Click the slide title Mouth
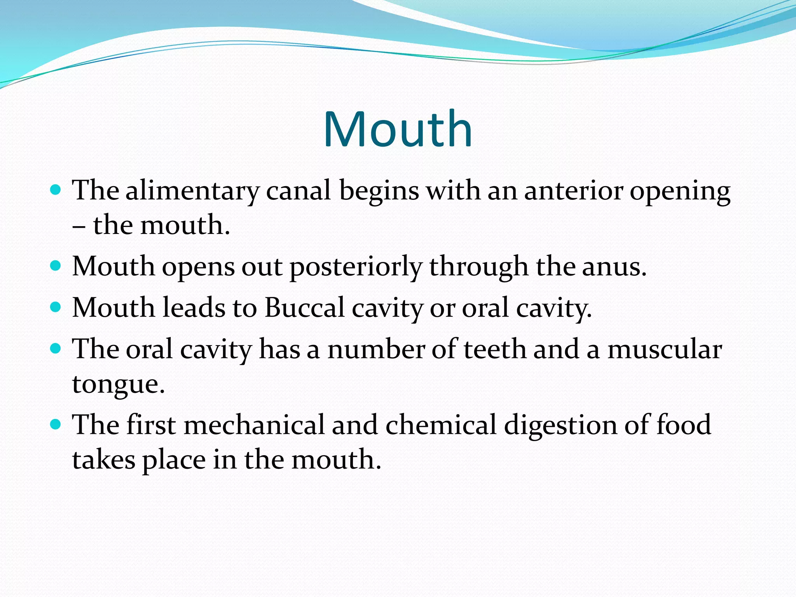[x=398, y=129]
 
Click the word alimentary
[x=192, y=191]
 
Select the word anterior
[x=573, y=191]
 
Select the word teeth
[x=495, y=349]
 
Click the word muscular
[x=664, y=349]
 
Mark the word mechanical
[x=254, y=424]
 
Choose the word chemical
[x=441, y=424]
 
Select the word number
[x=376, y=349]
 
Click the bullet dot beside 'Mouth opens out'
[x=56, y=266]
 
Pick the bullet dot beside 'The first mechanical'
[x=56, y=424]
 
